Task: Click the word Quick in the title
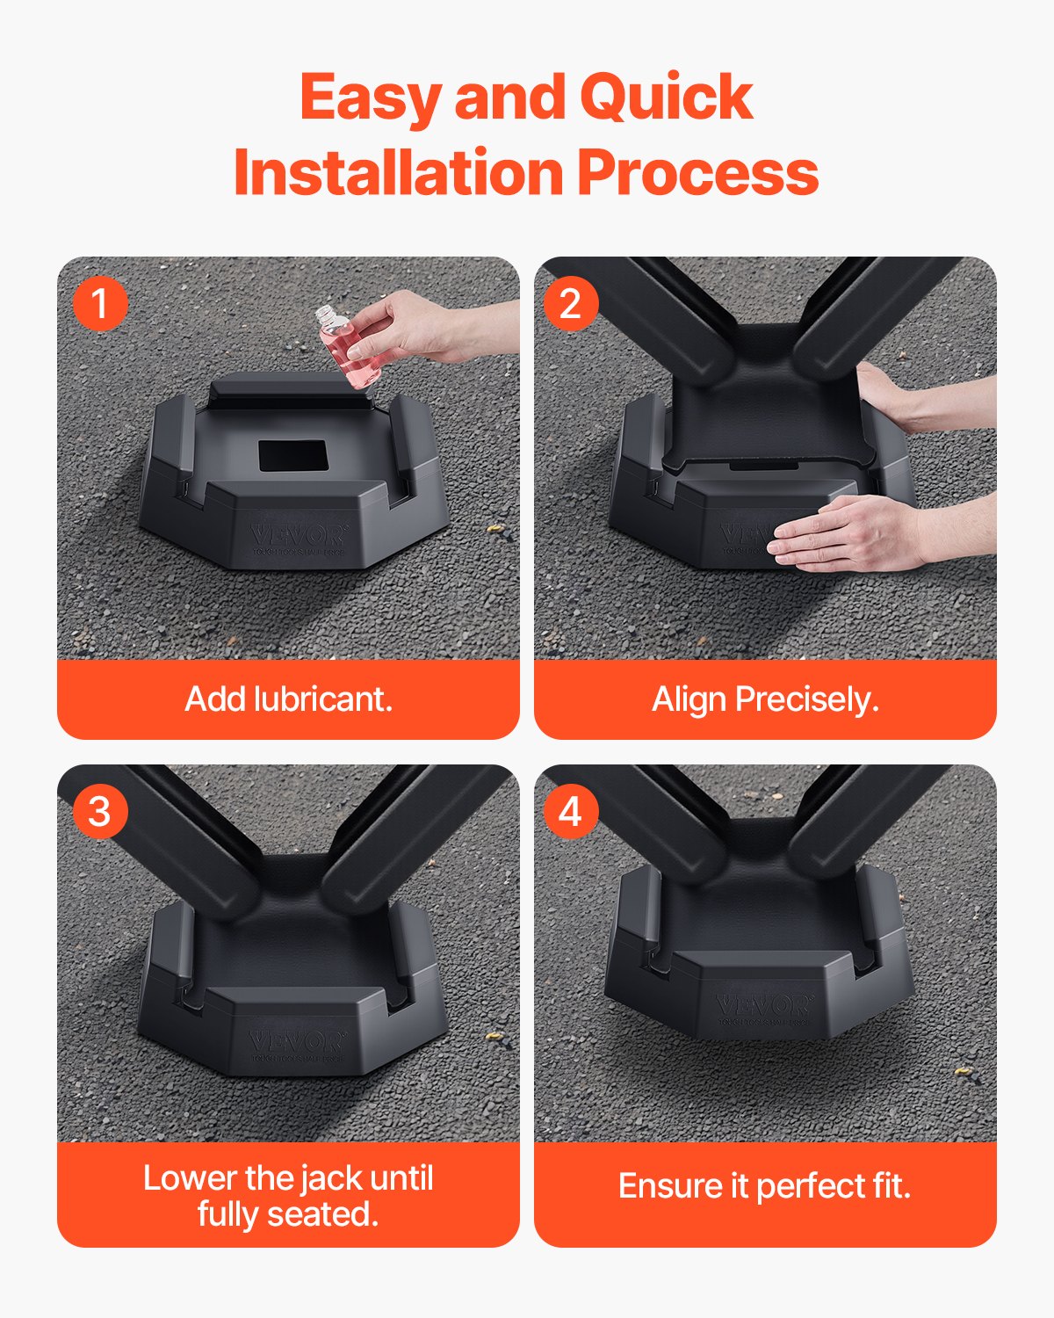click(665, 97)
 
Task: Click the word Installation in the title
click(397, 172)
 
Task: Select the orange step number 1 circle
click(100, 304)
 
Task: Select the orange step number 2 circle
click(571, 304)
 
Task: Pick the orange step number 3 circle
click(100, 811)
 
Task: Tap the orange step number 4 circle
click(571, 811)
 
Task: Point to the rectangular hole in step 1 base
click(292, 455)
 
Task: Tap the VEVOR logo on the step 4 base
click(762, 1006)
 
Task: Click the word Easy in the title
click(370, 97)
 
